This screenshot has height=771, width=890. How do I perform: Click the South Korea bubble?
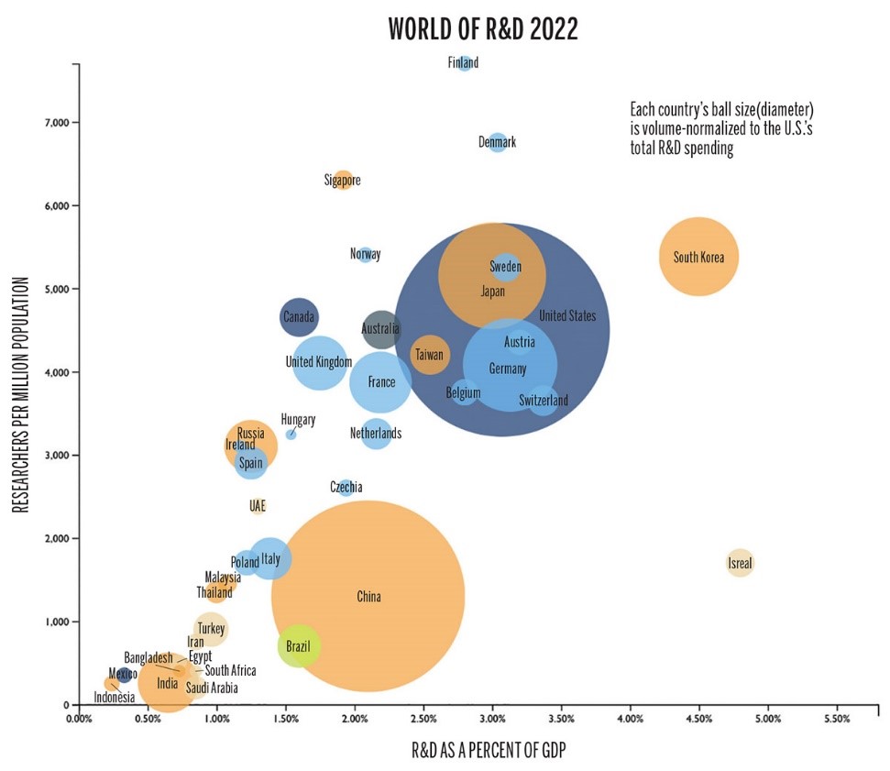698,257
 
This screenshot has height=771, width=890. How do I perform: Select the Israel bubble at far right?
741,563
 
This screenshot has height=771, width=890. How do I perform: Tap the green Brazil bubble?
299,646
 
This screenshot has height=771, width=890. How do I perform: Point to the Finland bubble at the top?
465,63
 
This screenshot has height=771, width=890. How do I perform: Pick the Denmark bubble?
498,142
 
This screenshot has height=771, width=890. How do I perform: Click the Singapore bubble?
343,180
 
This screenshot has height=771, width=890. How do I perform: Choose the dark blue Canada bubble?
299,317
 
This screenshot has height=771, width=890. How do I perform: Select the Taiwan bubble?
429,354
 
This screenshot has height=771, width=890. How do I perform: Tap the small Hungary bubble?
291,434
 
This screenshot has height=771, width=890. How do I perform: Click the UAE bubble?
258,506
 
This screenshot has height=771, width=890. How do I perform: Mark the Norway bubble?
366,254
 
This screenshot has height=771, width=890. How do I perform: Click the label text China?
368,597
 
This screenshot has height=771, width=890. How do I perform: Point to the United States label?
567,316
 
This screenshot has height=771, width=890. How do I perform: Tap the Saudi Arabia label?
212,688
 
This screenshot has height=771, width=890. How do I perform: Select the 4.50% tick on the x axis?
698,719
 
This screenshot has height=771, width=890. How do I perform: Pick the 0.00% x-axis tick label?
80,719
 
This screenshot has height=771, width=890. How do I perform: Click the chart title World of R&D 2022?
483,28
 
